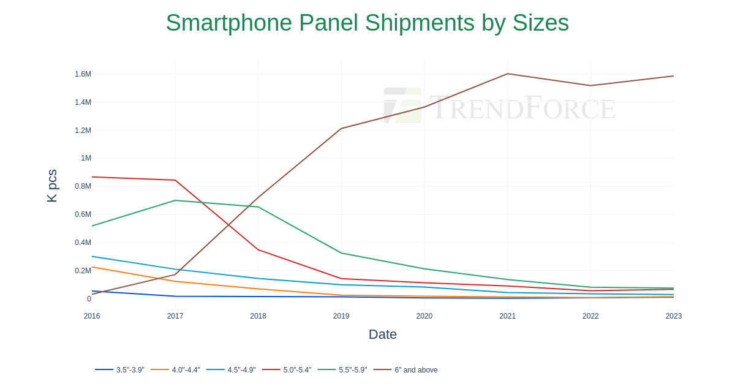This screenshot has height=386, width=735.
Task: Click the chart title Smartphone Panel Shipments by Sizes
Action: [x=367, y=23]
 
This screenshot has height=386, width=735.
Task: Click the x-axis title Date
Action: [x=383, y=335]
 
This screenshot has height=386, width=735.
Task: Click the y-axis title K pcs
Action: [x=52, y=186]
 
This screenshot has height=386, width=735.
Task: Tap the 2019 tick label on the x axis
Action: [x=341, y=316]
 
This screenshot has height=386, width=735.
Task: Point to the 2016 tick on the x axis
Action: [x=92, y=316]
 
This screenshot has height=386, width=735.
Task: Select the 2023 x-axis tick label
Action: [x=673, y=316]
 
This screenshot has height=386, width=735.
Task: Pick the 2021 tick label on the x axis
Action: [x=507, y=316]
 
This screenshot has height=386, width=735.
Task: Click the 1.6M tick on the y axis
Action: [x=83, y=74]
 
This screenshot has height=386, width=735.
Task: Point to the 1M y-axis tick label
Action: [x=86, y=158]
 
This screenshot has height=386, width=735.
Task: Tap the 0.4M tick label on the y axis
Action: [x=83, y=243]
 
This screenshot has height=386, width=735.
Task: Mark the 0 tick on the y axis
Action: [x=89, y=299]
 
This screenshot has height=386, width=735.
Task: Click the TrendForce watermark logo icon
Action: [x=402, y=105]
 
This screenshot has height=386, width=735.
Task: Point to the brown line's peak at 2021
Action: [x=507, y=74]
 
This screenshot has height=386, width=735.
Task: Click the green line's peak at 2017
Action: [x=175, y=200]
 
